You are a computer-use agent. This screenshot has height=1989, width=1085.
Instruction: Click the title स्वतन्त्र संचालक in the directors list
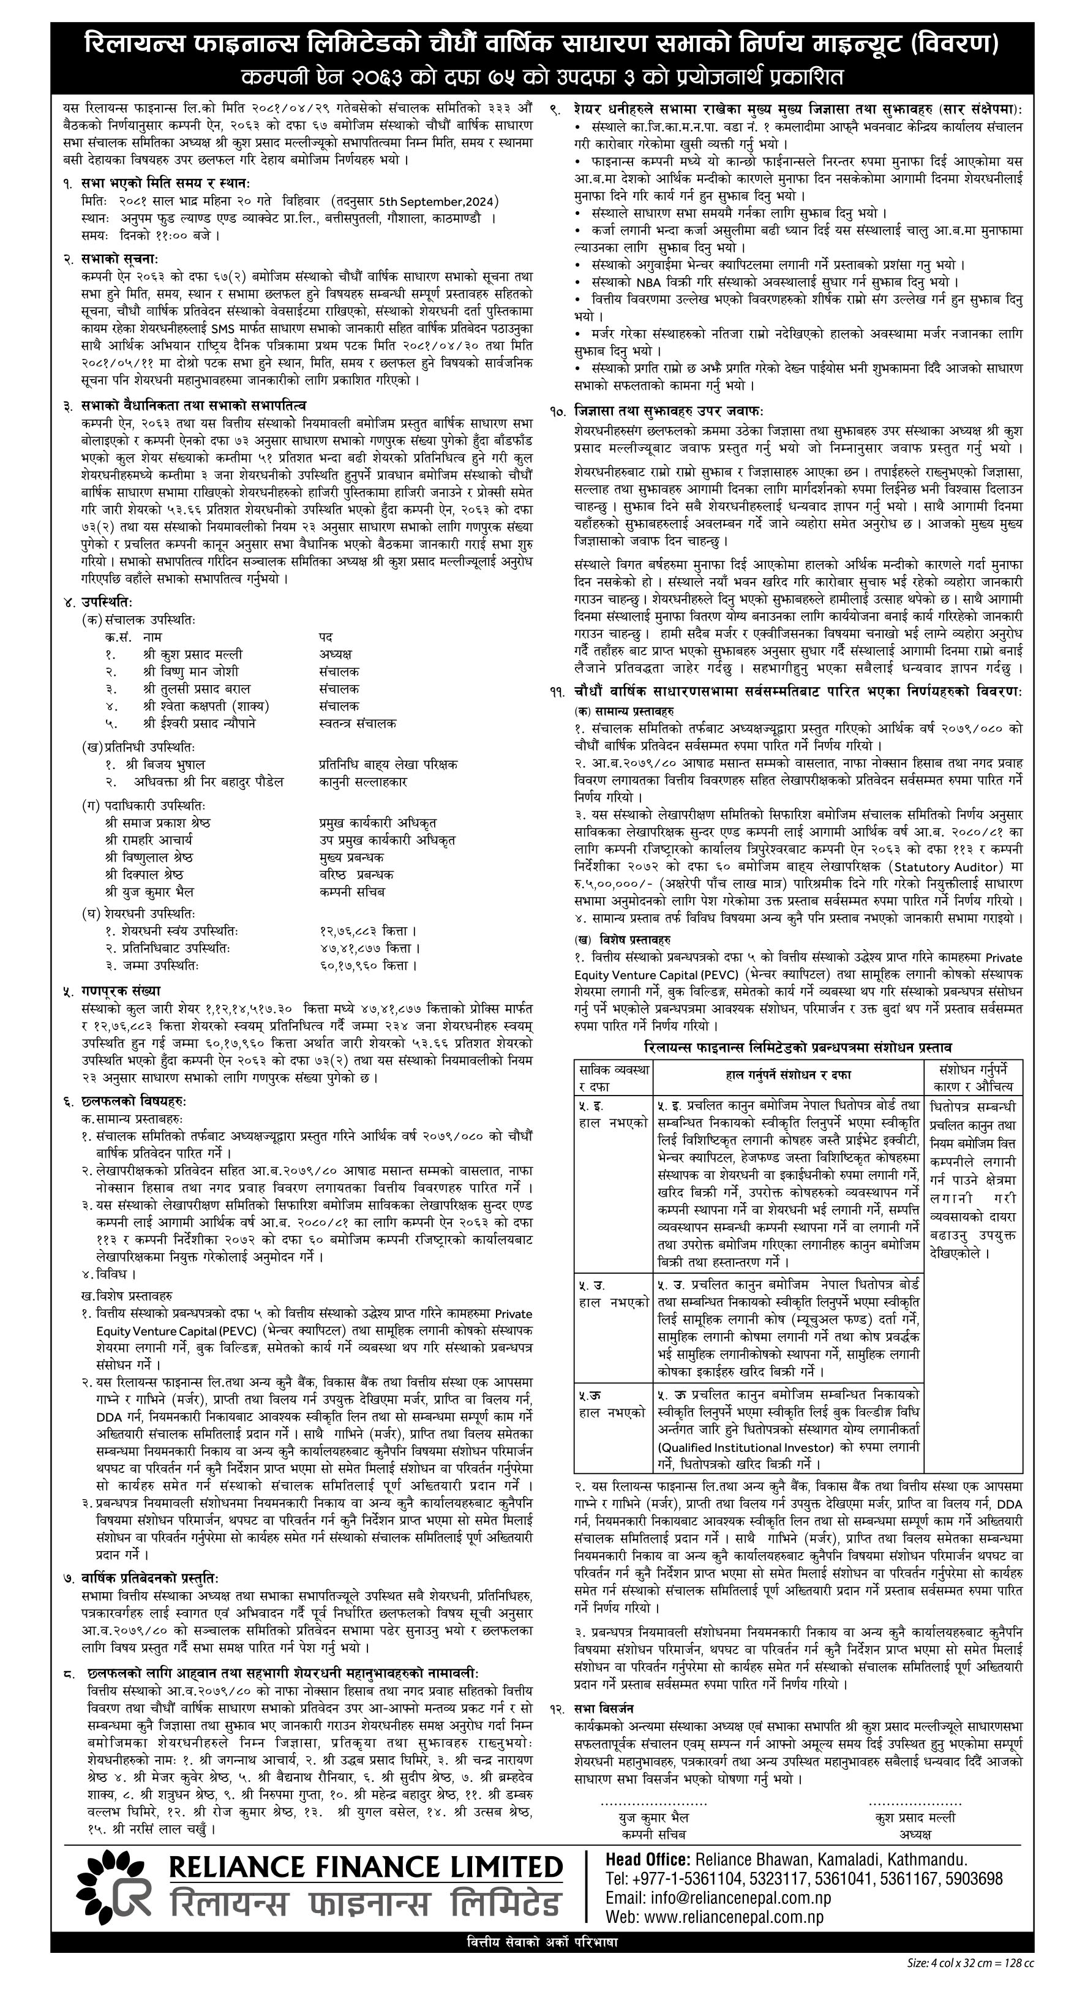[358, 723]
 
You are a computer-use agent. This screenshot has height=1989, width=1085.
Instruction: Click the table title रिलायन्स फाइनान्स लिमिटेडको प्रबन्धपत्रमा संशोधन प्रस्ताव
[798, 1047]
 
